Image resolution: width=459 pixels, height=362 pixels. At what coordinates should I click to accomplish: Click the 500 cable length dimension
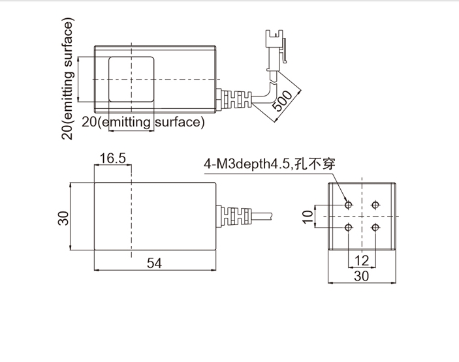(282, 101)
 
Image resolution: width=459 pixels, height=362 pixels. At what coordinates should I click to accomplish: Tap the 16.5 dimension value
(113, 158)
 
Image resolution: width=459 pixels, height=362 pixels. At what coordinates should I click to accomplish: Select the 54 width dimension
(154, 263)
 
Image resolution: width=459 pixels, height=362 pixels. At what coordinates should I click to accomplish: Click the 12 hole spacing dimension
(362, 260)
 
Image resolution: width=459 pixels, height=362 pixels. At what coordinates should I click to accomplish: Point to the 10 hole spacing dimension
(308, 217)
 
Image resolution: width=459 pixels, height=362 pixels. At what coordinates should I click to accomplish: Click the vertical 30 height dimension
(63, 218)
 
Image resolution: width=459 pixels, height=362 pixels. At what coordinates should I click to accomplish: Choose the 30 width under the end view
(362, 276)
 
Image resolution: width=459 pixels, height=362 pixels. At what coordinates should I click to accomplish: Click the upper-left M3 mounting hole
(349, 205)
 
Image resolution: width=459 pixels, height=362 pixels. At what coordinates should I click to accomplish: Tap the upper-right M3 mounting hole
(375, 205)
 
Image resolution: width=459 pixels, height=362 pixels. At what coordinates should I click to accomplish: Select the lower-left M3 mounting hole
(349, 227)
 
